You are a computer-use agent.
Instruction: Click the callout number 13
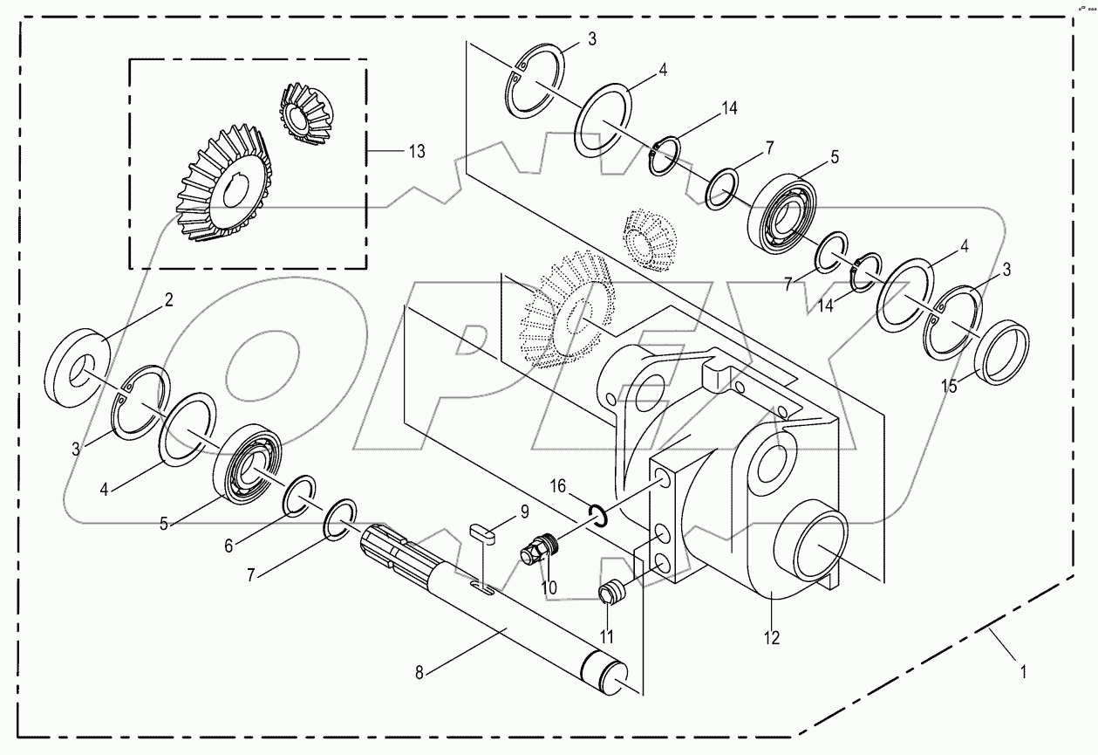pos(416,152)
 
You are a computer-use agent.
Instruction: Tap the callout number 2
pos(168,300)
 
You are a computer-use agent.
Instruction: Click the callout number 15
pos(949,385)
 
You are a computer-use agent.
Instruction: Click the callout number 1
pos(1023,672)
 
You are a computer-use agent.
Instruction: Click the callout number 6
pos(228,545)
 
